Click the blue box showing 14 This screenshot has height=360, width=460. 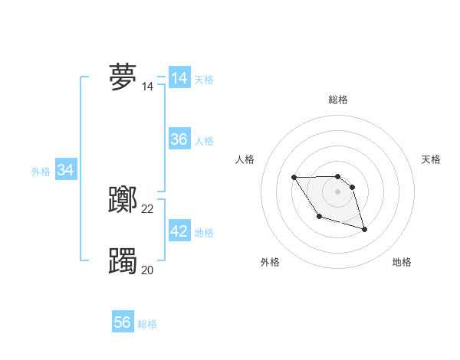[x=179, y=78]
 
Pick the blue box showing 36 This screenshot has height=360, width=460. [x=179, y=139]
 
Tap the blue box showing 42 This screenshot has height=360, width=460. [x=179, y=231]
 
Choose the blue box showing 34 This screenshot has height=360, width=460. [x=66, y=170]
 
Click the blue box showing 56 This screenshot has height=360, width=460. [x=123, y=322]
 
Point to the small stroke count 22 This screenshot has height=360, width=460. [x=148, y=209]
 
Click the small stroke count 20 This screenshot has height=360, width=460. [x=148, y=270]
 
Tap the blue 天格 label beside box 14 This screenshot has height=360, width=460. [x=204, y=79]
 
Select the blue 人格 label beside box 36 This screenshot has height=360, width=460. [x=204, y=141]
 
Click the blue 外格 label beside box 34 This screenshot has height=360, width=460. [x=41, y=172]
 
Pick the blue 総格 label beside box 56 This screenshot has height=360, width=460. [x=147, y=324]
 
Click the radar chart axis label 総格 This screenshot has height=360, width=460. [x=338, y=100]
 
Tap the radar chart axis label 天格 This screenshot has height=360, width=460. [x=432, y=159]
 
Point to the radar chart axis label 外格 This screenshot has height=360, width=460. [x=270, y=263]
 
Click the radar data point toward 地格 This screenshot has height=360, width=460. [x=364, y=229]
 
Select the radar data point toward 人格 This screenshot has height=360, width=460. [x=294, y=177]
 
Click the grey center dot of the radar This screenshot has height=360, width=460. [x=338, y=191]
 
